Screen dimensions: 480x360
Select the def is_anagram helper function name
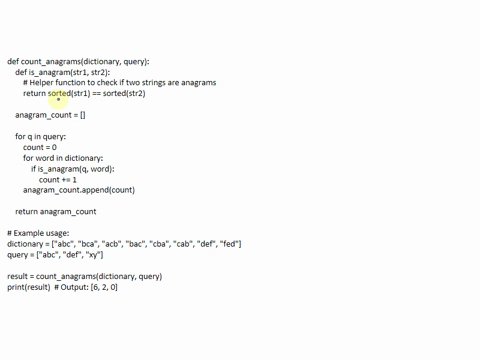[56, 73]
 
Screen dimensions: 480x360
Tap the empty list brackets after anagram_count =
[81, 115]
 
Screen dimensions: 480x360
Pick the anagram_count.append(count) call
[79, 190]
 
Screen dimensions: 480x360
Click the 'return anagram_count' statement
[56, 212]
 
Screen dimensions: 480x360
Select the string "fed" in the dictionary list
[229, 244]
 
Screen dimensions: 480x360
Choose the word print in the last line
[16, 287]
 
